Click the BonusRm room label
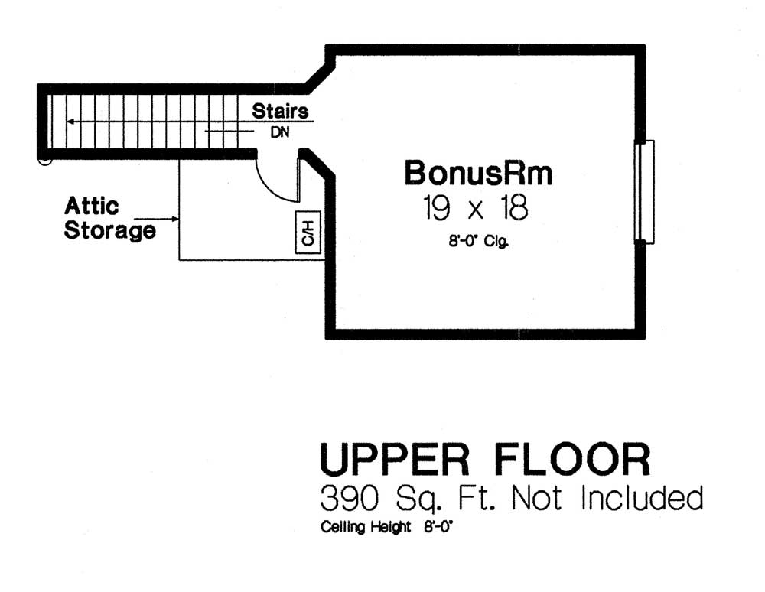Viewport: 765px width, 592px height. [478, 173]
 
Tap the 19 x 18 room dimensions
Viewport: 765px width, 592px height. [475, 208]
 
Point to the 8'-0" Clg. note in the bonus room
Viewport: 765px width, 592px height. [479, 241]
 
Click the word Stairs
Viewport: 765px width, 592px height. [280, 111]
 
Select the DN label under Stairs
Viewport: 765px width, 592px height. [280, 132]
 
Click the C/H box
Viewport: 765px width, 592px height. [308, 233]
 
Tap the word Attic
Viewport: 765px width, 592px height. [91, 206]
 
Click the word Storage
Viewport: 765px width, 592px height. [109, 230]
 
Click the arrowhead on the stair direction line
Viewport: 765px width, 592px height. [70, 122]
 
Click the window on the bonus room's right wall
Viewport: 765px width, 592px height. [644, 192]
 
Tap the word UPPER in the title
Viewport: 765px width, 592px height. [395, 460]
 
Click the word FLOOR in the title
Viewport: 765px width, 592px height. [572, 460]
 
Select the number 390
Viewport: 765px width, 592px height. [350, 499]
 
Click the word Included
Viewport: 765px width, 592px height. [642, 498]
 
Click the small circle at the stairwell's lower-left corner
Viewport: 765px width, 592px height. [45, 159]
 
